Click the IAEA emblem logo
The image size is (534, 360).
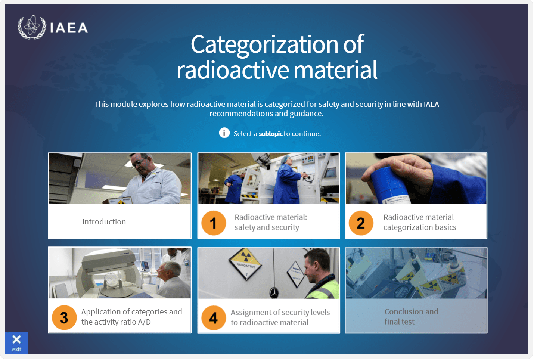(32, 27)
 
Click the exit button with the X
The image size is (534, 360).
(16, 342)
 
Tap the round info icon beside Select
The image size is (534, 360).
(224, 133)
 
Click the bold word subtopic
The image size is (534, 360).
(270, 134)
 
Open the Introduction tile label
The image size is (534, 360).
(104, 222)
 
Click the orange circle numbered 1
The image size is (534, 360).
(213, 223)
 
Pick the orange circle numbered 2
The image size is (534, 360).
(361, 223)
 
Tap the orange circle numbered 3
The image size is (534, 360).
(64, 317)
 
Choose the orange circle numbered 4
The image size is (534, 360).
(213, 318)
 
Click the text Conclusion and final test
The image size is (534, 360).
(411, 317)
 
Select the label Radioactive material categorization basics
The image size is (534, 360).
(419, 222)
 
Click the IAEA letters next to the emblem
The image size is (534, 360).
(69, 28)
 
